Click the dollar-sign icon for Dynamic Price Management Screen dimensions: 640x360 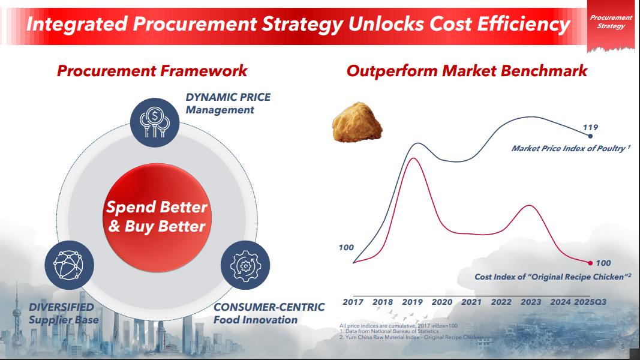[155, 122]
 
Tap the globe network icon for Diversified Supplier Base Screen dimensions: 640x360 [70, 265]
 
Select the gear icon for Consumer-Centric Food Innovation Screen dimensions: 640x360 [245, 265]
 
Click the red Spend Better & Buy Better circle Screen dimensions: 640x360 [157, 218]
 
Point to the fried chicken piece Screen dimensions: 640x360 [357, 122]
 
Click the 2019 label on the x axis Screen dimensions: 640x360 [412, 302]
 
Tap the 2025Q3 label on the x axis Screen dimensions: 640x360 [590, 302]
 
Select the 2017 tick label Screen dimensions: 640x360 [353, 302]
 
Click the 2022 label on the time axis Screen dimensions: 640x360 [501, 302]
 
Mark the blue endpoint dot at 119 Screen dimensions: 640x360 [590, 136]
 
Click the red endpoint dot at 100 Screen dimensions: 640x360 [590, 263]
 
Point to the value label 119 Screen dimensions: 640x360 [590, 127]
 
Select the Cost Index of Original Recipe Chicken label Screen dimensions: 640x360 [553, 277]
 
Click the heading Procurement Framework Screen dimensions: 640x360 [152, 71]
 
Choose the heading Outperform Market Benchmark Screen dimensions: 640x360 [467, 71]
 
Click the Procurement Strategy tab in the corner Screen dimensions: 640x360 [611, 22]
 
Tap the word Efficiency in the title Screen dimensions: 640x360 [524, 24]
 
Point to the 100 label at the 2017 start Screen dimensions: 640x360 [346, 247]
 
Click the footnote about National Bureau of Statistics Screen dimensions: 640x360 [389, 331]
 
